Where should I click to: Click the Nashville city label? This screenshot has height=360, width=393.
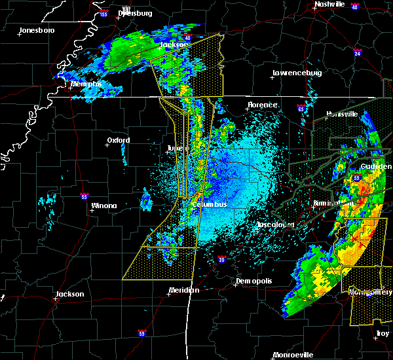pos(329,4)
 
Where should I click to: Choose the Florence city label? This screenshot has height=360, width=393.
pos(262,105)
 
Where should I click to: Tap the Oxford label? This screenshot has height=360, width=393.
pos(119,140)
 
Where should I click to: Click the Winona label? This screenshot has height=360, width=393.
pos(103,206)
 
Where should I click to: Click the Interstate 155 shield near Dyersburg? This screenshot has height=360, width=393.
pos(103,14)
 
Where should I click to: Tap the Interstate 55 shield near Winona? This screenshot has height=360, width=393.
pos(84,196)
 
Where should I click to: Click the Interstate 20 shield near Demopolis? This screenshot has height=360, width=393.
pos(223,260)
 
